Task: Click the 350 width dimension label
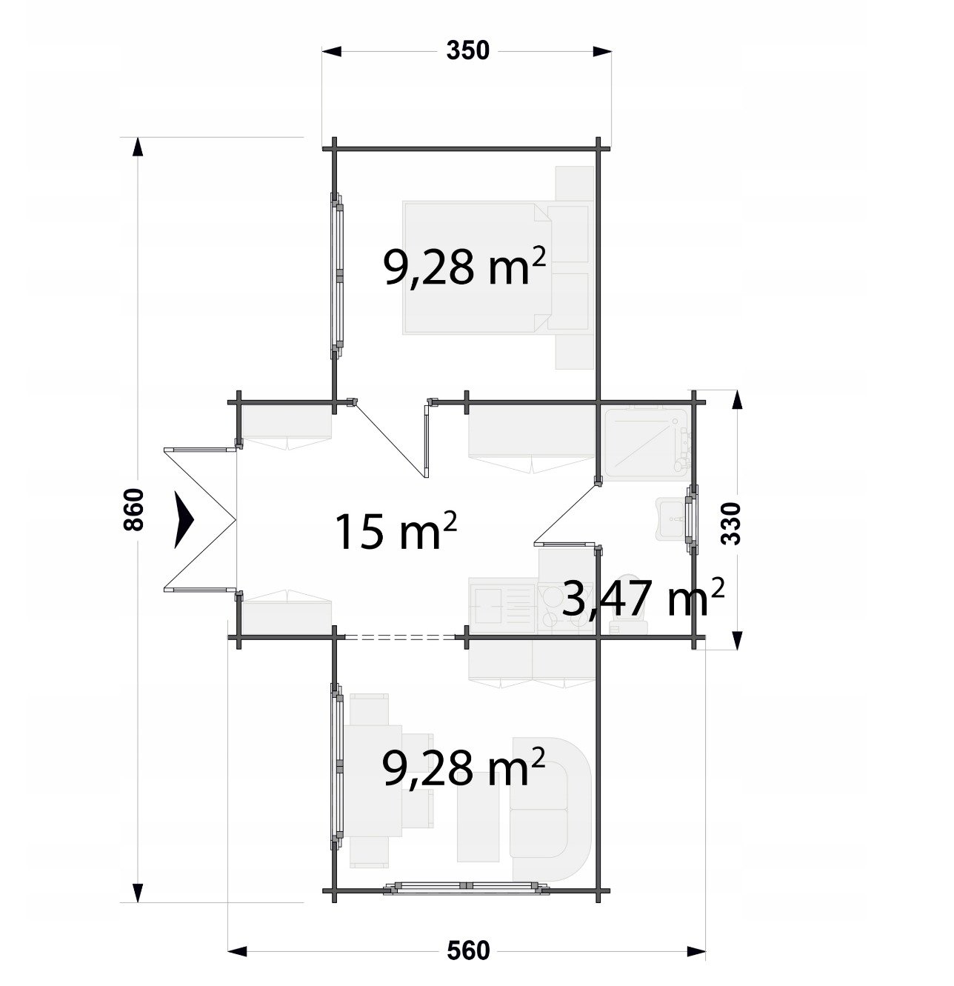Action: coord(467,50)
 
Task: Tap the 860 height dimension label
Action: coord(134,509)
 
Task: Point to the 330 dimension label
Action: coord(730,524)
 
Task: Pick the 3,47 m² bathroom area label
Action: coord(642,597)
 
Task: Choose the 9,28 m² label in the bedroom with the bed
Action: coord(464,267)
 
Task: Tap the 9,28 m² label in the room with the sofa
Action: coord(464,767)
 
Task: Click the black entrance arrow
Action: coord(184,519)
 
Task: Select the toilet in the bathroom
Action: coord(628,605)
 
